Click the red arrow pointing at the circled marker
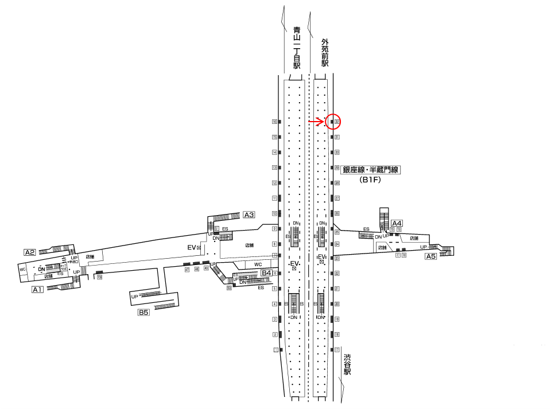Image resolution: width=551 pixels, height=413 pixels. tap(316, 122)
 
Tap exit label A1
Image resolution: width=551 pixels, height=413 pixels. tap(37, 290)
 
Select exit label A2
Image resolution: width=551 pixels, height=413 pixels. tap(30, 252)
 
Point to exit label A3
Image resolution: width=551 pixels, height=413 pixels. tap(249, 215)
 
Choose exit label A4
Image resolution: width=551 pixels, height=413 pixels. tap(397, 223)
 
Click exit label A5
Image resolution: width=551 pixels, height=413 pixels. tap(431, 257)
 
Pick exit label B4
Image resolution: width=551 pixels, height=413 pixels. tap(266, 272)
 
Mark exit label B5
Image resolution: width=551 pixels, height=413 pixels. tap(143, 313)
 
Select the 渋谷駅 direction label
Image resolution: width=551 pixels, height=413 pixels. tap(347, 365)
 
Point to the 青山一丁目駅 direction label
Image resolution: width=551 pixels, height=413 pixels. tap(297, 48)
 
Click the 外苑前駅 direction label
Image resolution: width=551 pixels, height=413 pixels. tap(325, 53)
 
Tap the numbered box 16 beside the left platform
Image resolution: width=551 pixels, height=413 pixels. tap(275, 122)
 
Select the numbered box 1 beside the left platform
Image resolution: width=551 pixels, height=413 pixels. tap(276, 350)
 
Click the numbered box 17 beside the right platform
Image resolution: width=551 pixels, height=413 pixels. tap(337, 349)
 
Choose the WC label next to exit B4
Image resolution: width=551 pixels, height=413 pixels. tap(258, 264)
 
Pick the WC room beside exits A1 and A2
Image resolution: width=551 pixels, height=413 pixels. tap(23, 269)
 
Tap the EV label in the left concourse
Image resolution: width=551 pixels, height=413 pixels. tap(193, 247)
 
